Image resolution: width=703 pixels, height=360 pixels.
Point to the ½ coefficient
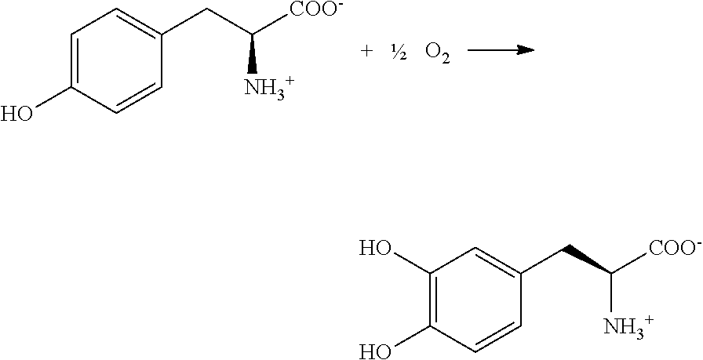click(399, 51)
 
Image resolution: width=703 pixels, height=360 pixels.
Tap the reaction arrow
click(500, 51)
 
